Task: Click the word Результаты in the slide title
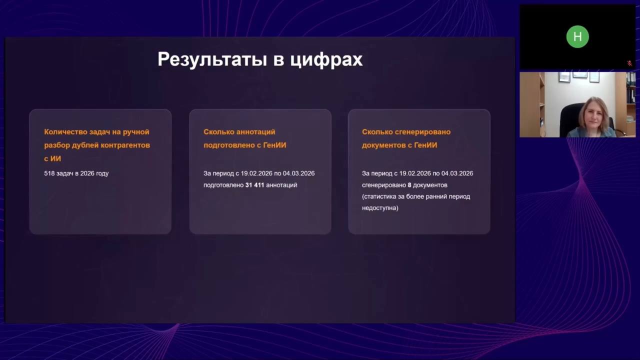point(212,59)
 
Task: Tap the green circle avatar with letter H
point(577,36)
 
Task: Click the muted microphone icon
point(629,63)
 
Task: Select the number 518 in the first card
point(49,173)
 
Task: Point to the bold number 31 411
point(254,185)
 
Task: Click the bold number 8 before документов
point(409,185)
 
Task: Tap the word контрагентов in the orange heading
point(125,145)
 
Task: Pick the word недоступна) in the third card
point(380,208)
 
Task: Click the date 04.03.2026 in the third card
point(457,173)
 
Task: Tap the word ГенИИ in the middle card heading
point(274,145)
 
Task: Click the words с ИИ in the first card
point(52,159)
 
